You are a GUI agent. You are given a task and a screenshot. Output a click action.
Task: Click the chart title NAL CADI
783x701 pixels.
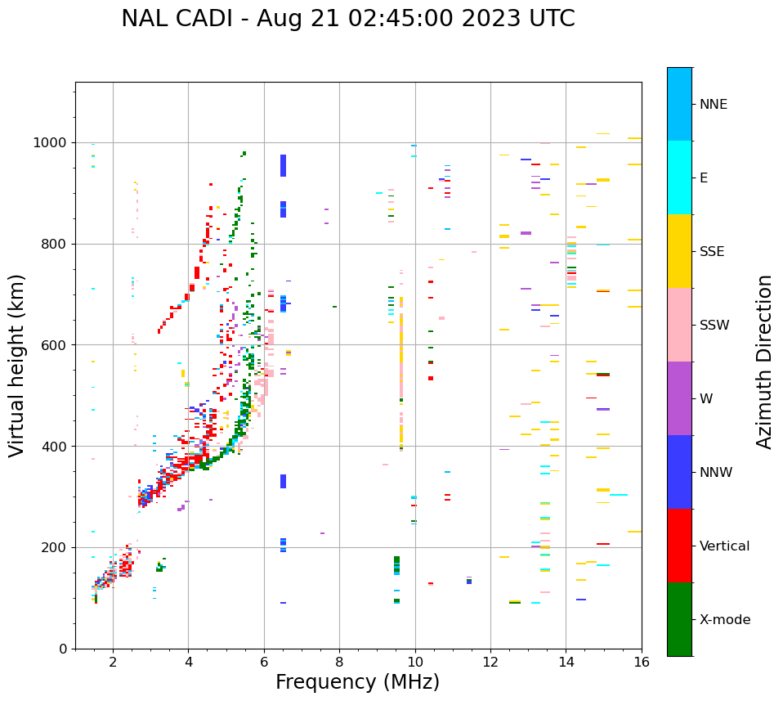click(x=347, y=19)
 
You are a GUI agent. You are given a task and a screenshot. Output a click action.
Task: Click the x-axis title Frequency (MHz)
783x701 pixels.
click(x=357, y=682)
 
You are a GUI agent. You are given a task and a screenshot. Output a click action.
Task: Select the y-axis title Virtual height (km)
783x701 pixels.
click(x=17, y=366)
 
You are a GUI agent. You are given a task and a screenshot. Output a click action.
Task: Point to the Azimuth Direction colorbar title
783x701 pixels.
click(x=764, y=362)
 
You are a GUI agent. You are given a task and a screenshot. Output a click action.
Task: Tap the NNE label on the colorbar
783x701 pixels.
click(x=713, y=105)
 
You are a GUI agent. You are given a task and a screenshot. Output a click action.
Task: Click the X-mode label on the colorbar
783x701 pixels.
click(x=724, y=620)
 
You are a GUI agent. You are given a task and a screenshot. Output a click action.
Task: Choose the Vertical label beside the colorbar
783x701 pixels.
click(x=724, y=546)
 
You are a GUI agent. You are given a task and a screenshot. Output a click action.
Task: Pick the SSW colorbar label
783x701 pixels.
click(x=714, y=326)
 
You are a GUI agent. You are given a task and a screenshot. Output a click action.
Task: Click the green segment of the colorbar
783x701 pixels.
click(x=679, y=619)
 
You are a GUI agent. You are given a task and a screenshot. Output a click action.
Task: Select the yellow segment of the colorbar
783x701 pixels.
click(x=679, y=251)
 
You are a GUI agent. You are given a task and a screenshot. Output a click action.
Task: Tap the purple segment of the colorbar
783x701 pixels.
click(x=679, y=398)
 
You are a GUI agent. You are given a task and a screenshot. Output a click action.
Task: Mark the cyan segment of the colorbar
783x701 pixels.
click(x=679, y=177)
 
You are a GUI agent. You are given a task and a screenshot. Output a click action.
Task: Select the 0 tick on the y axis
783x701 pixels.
click(x=64, y=649)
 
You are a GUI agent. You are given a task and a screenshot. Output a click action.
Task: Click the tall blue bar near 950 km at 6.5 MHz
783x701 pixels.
click(x=283, y=165)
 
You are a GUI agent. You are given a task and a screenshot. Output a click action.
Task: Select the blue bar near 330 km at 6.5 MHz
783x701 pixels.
click(x=283, y=481)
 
